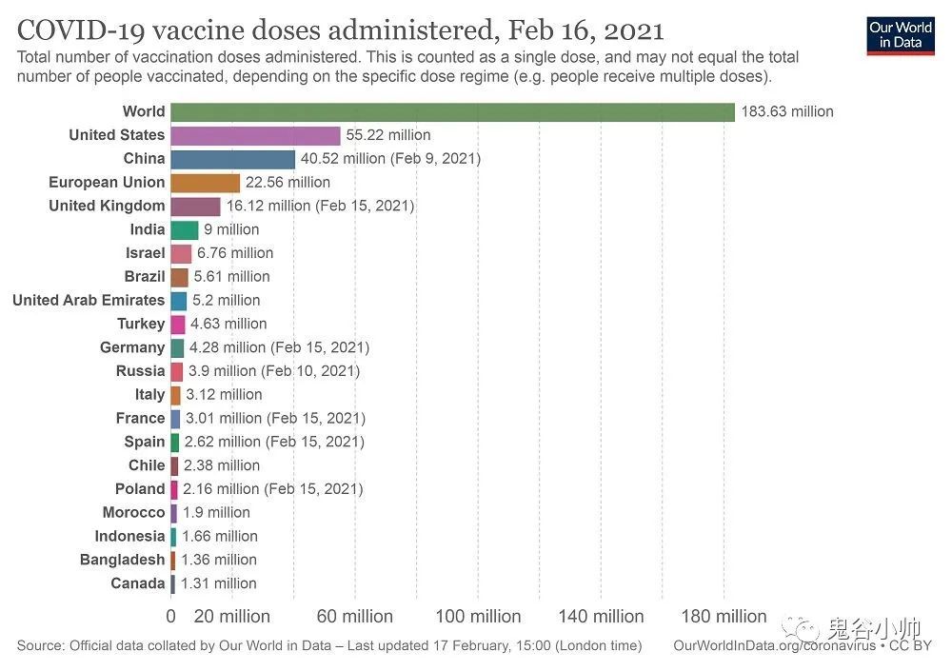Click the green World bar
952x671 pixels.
(x=453, y=111)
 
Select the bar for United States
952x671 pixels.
(x=255, y=135)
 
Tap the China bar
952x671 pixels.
(x=233, y=159)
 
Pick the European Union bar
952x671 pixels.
(x=206, y=183)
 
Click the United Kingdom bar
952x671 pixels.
(x=196, y=206)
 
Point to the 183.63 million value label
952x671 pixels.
(x=787, y=111)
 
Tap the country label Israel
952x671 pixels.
(x=145, y=253)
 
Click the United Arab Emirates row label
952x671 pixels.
(x=89, y=300)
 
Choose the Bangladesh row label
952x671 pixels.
(x=122, y=560)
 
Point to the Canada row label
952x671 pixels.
(x=138, y=583)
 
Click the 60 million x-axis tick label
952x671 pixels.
(x=354, y=617)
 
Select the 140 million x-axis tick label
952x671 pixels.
(x=601, y=617)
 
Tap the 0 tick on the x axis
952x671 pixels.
(x=171, y=617)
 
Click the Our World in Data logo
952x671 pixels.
(x=900, y=34)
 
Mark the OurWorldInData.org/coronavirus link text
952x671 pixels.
(x=774, y=646)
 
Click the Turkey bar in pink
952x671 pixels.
(x=178, y=324)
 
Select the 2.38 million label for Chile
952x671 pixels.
(x=222, y=465)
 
